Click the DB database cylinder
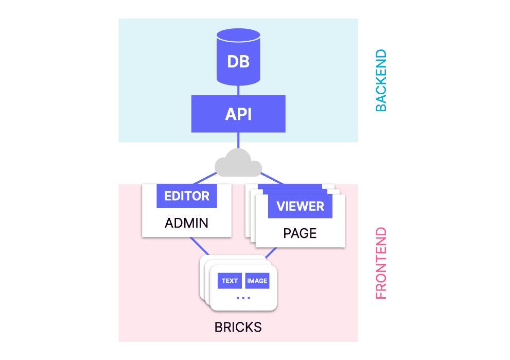pyautogui.click(x=238, y=61)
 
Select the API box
pyautogui.click(x=238, y=114)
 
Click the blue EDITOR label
pyautogui.click(x=187, y=196)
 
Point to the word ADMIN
pyautogui.click(x=186, y=224)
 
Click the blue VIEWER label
pyautogui.click(x=300, y=207)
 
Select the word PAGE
pyautogui.click(x=300, y=234)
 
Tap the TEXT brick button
pyautogui.click(x=230, y=281)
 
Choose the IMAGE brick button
pyautogui.click(x=257, y=281)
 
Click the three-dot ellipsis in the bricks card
pyautogui.click(x=243, y=298)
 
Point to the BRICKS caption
pyautogui.click(x=238, y=327)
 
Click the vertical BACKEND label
pyautogui.click(x=381, y=80)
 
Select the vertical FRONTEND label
pyautogui.click(x=381, y=263)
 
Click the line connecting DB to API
pyautogui.click(x=238, y=90)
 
